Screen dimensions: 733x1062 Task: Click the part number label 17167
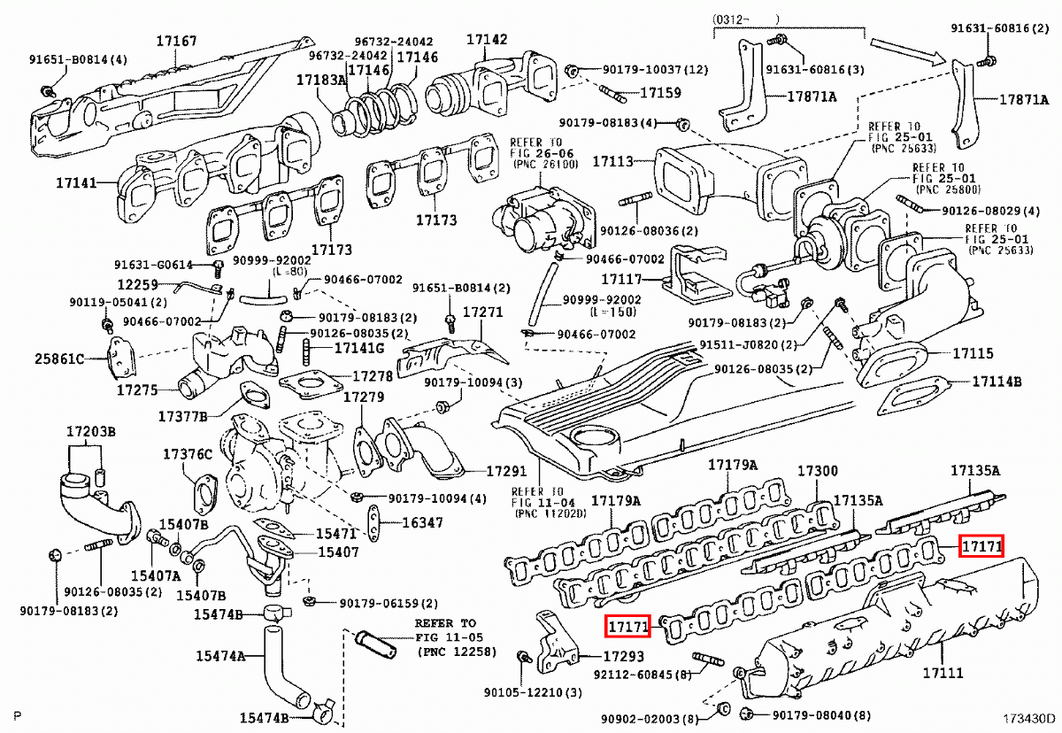point(177,41)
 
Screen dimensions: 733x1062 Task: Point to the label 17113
point(612,162)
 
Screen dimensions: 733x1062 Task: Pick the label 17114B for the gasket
point(997,382)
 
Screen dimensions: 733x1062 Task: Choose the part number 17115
point(973,353)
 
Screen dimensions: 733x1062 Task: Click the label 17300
point(818,471)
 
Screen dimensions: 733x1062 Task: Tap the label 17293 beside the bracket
point(624,658)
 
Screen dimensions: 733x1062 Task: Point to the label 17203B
point(90,432)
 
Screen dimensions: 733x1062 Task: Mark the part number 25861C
point(59,359)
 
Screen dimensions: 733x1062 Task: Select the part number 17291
point(507,472)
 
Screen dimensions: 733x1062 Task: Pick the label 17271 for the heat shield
point(482,312)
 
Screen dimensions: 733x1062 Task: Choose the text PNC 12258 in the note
point(458,652)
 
